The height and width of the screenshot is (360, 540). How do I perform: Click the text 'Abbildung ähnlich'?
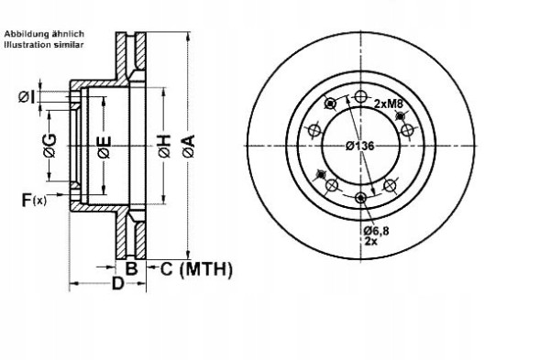[x=44, y=34]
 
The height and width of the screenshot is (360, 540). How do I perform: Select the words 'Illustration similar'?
[x=44, y=43]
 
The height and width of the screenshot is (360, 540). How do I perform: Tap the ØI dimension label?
[x=28, y=97]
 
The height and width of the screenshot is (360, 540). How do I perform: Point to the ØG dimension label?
[x=50, y=144]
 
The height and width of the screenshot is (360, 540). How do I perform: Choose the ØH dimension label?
[x=165, y=144]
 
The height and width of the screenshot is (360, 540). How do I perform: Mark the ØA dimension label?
[x=188, y=144]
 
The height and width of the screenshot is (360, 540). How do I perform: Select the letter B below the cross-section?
[x=131, y=268]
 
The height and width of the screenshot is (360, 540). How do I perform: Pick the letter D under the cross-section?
[x=118, y=284]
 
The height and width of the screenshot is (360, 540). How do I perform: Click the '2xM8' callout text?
[x=389, y=104]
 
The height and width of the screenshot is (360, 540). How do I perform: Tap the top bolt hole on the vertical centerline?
[x=360, y=97]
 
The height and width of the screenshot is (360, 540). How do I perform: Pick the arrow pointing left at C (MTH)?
[x=152, y=268]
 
